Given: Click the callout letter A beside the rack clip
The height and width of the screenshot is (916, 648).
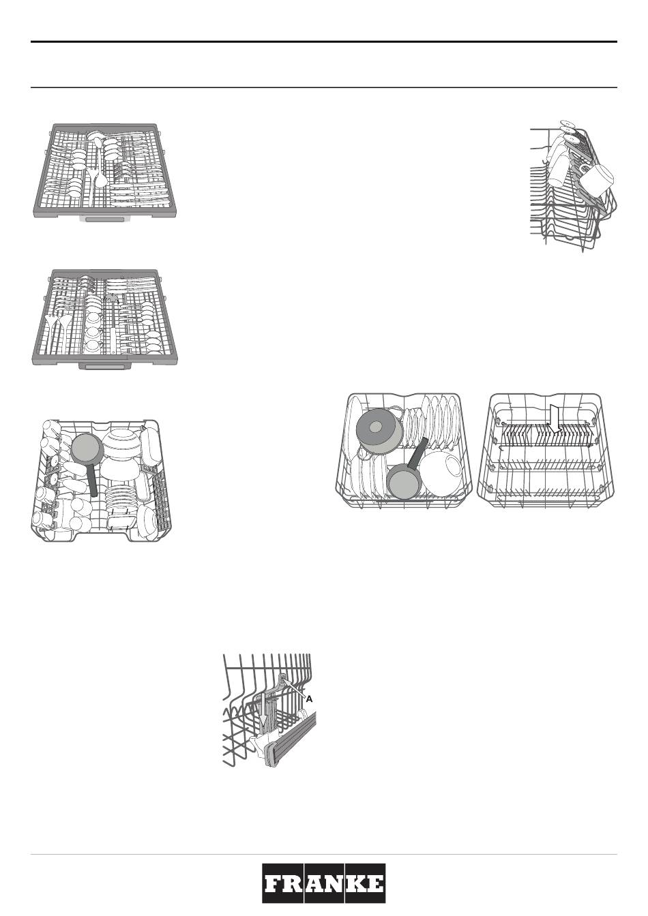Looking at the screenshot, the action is point(310,699).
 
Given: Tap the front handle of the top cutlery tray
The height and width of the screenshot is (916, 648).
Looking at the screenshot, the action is point(104,219).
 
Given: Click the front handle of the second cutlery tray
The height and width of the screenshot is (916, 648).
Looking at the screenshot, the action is point(104,365).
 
